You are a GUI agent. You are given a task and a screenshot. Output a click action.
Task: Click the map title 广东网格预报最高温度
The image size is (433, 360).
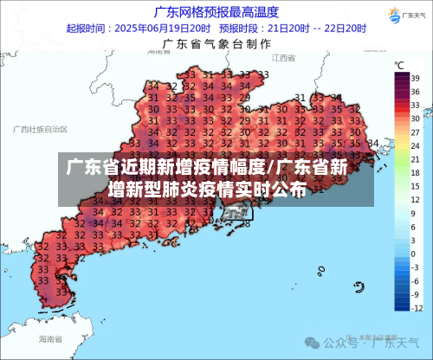click(x=216, y=11)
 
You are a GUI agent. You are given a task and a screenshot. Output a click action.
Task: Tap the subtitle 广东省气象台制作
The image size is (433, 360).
click(x=216, y=42)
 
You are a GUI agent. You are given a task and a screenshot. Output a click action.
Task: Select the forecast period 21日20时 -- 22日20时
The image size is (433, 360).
click(x=310, y=27)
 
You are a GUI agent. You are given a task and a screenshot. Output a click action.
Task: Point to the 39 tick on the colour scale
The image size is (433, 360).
click(x=416, y=78)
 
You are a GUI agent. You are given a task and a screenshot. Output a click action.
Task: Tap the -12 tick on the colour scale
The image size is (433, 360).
click(x=416, y=308)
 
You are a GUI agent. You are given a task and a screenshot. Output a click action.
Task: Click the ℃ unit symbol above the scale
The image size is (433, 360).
click(x=400, y=65)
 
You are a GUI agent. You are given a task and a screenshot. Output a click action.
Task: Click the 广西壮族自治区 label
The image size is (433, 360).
click(x=41, y=128)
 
